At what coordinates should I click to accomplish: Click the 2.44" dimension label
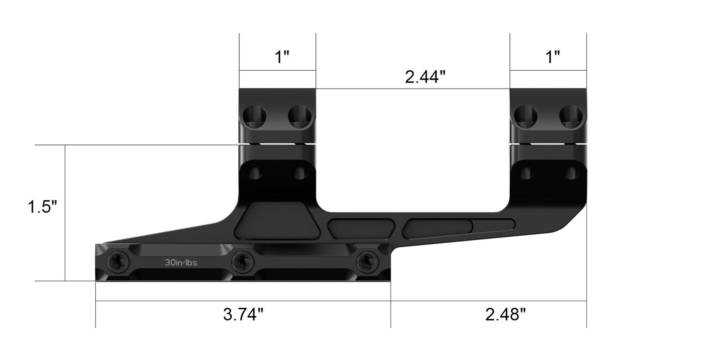tap(425, 77)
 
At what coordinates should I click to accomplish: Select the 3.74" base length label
tap(243, 315)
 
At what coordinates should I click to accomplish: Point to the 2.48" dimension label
tap(506, 315)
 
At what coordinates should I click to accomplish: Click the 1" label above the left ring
tap(283, 57)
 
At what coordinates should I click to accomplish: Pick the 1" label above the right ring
tap(553, 57)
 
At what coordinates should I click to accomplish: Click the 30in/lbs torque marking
tap(181, 262)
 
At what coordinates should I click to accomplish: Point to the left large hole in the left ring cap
tap(254, 117)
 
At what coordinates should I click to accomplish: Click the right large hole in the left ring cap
tap(300, 117)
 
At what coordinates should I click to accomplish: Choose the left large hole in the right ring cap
tap(525, 117)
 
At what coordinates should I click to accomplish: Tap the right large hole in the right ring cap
tap(571, 117)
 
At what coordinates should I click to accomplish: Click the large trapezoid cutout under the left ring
tap(278, 221)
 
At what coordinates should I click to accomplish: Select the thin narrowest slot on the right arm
tap(493, 225)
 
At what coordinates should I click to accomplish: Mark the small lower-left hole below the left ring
tap(255, 173)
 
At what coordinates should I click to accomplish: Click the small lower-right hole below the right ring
tap(571, 173)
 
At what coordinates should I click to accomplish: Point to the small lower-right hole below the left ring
tap(300, 173)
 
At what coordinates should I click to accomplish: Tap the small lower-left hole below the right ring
tap(526, 173)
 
